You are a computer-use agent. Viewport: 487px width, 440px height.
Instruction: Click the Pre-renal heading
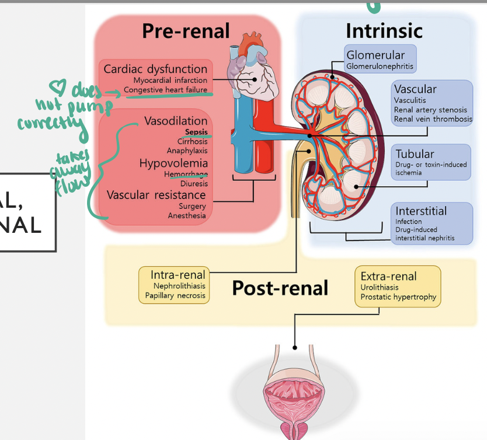(186, 32)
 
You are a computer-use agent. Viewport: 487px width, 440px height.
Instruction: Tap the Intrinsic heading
(384, 30)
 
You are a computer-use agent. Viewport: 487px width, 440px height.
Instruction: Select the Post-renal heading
(280, 288)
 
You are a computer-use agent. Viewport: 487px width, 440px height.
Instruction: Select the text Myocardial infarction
(170, 80)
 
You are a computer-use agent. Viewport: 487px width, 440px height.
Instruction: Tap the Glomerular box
(380, 60)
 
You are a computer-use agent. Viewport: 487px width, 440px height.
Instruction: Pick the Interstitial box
(432, 224)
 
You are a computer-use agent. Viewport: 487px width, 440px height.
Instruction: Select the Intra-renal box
(175, 285)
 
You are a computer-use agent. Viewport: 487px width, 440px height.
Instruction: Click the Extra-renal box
(398, 286)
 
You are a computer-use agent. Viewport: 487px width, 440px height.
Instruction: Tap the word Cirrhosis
(192, 142)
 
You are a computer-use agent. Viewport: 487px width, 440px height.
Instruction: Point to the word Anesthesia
(187, 216)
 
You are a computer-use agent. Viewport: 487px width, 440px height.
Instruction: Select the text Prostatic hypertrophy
(398, 297)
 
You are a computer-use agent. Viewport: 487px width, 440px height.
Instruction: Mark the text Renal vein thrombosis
(433, 119)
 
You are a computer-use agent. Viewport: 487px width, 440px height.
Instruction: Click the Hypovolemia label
(173, 163)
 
